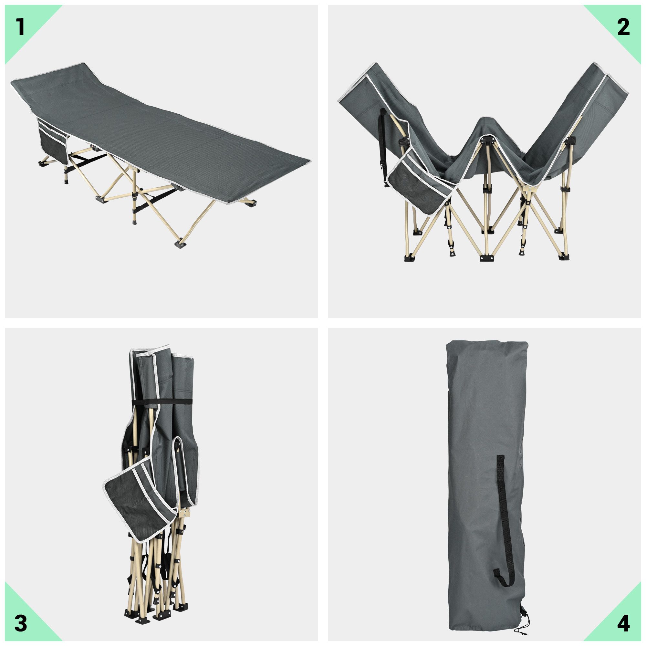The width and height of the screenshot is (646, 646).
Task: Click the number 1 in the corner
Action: (x=21, y=27)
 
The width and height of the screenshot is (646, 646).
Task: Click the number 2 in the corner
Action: (x=623, y=27)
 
